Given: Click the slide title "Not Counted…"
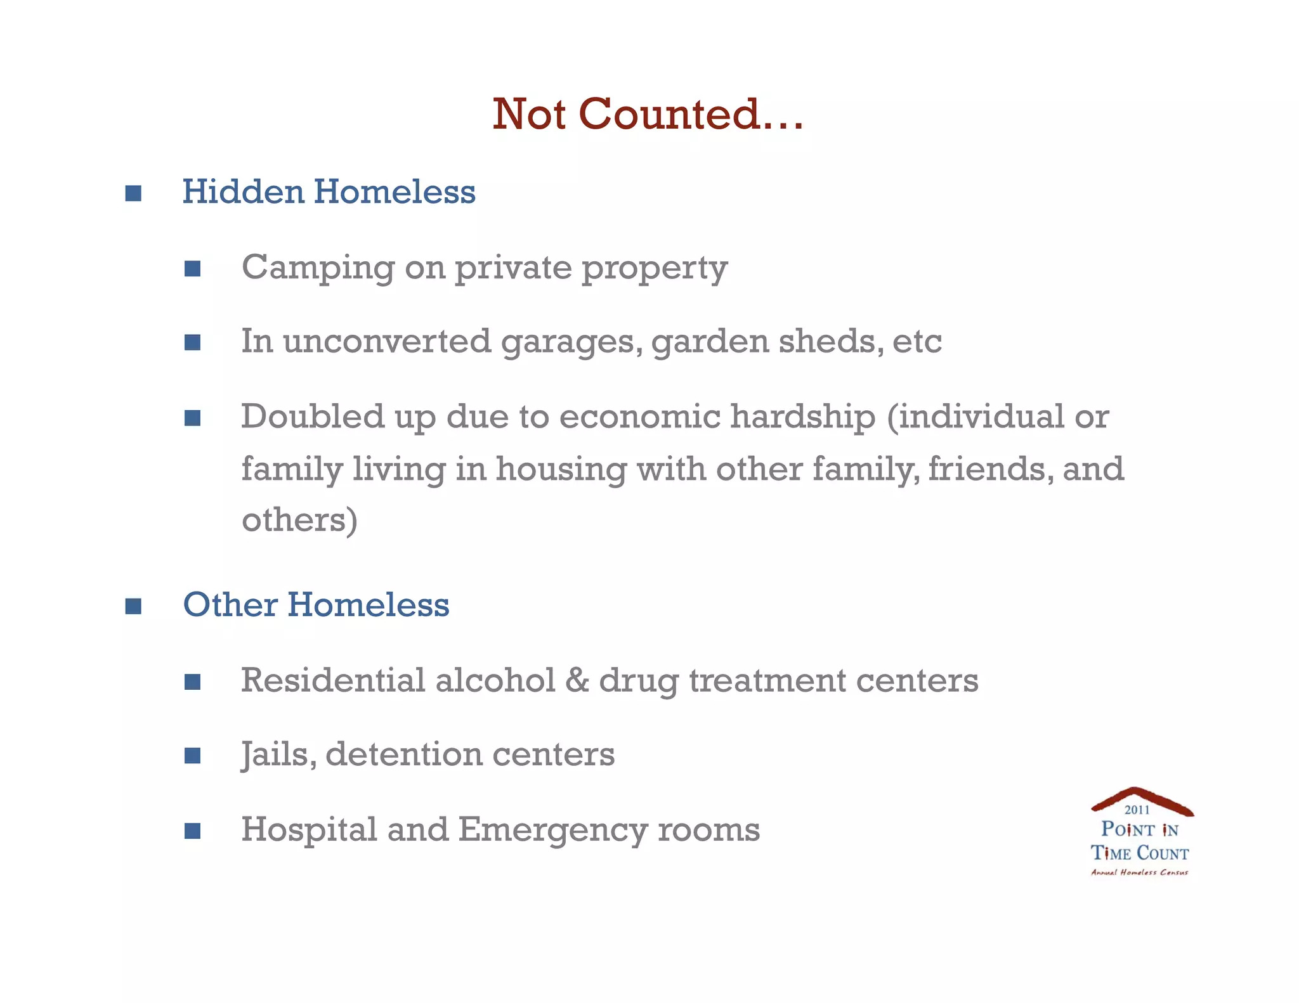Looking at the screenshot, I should click(648, 114).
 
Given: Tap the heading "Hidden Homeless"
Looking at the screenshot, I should click(329, 191).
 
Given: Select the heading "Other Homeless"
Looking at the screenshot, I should click(316, 604).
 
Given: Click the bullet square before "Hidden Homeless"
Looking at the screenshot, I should click(133, 193).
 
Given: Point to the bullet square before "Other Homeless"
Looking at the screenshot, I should click(133, 606).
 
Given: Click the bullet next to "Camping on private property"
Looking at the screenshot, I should click(192, 268).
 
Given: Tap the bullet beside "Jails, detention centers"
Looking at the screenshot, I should click(192, 755).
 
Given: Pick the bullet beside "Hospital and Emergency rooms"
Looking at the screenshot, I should click(192, 831).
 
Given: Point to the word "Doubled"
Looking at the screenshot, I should click(313, 417).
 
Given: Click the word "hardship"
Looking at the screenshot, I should click(802, 417).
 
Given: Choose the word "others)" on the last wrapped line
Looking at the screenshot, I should click(299, 520).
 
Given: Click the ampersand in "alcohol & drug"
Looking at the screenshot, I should click(577, 680).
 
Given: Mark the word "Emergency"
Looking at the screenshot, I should click(552, 830).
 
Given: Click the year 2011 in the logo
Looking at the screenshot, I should click(1137, 810).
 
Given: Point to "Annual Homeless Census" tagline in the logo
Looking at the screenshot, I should click(1140, 872).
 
